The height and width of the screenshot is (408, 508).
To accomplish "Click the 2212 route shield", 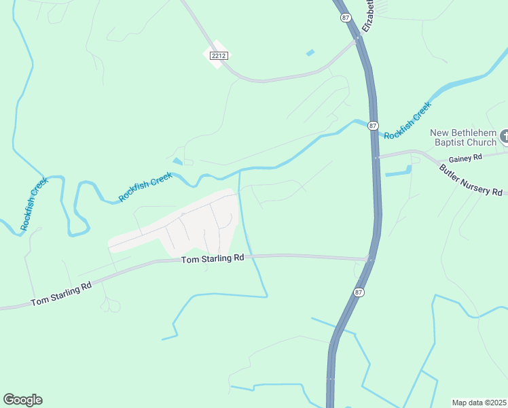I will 218,55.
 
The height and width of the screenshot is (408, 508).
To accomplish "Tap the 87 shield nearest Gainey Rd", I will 373,126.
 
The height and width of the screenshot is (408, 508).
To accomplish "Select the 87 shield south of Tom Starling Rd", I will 358,291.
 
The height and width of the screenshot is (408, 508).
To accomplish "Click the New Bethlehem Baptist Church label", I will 464,137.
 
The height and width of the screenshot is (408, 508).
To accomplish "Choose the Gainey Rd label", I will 468,157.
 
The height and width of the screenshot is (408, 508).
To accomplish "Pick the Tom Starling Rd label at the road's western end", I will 61,295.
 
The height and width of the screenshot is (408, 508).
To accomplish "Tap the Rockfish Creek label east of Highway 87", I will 407,120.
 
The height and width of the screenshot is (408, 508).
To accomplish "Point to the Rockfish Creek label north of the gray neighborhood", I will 146,187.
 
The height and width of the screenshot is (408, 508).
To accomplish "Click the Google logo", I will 22,400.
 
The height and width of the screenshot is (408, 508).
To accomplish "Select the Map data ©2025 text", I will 479,402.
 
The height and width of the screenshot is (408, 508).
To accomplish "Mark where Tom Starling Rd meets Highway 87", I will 369,258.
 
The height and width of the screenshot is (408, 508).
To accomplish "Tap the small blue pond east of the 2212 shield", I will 310,52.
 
